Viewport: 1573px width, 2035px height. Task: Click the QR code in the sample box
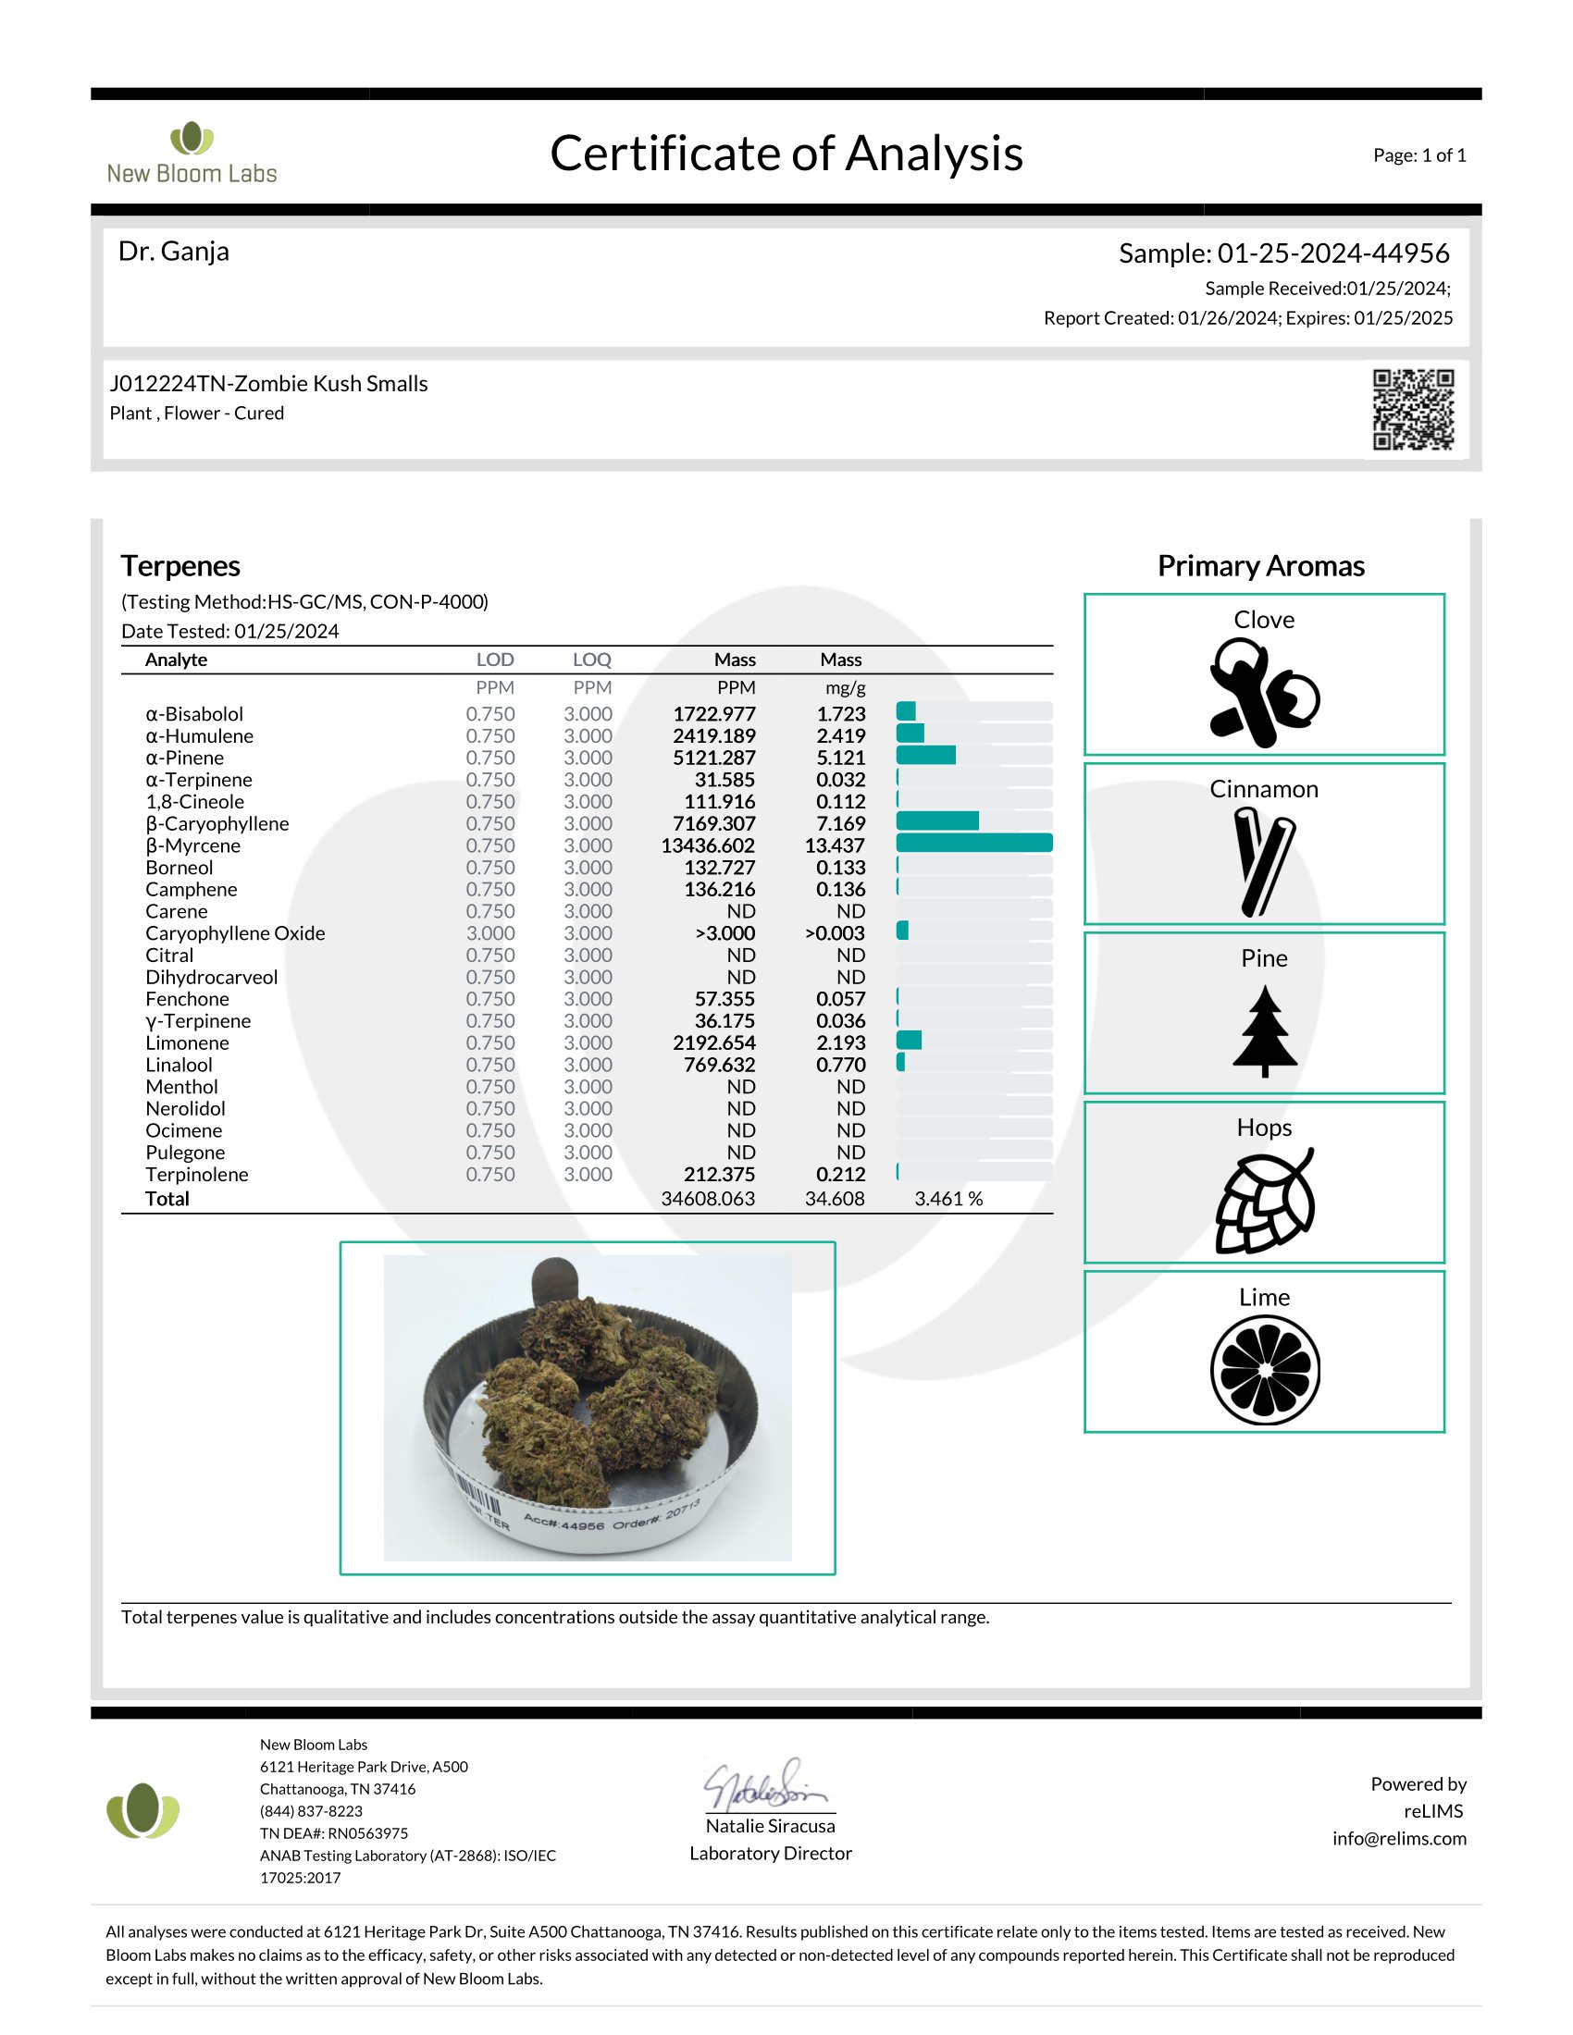1413,410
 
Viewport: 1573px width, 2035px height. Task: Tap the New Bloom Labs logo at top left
192,153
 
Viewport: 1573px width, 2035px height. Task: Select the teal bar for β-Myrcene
973,844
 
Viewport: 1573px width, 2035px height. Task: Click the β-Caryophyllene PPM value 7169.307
713,823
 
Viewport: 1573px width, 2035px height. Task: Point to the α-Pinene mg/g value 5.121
840,758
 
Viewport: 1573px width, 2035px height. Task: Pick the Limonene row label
187,1042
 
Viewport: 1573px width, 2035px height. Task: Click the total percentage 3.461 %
948,1198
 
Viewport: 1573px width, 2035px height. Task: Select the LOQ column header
592,660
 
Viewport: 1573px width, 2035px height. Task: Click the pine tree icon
1265,1031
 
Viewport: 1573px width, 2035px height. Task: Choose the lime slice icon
1265,1370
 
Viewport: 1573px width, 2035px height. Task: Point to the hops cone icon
1265,1202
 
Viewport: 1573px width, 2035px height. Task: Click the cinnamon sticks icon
1264,862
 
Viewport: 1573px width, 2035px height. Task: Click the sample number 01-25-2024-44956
1332,253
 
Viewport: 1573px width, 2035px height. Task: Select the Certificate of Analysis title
786,154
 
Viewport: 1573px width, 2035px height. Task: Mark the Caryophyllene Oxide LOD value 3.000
490,933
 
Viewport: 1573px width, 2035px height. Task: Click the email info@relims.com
1399,1838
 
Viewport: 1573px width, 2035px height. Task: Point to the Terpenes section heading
180,566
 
